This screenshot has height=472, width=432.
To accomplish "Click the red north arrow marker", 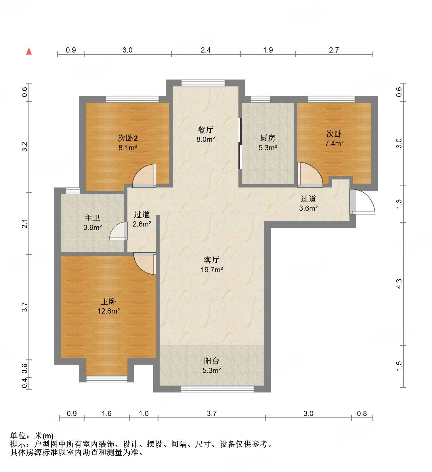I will tap(29, 51).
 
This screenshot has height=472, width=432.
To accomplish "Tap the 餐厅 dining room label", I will tap(205, 130).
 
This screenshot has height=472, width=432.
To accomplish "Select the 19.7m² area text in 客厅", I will tap(212, 270).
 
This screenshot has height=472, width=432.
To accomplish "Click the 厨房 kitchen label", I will tap(267, 138).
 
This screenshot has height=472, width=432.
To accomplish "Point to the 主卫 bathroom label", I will tap(92, 218).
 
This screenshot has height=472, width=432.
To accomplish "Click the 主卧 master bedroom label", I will tap(108, 301).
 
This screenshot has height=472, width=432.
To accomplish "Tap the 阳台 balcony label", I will tap(211, 361).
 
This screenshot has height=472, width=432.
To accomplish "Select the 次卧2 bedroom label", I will tap(128, 138).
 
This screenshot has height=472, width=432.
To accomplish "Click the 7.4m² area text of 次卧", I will tap(334, 143).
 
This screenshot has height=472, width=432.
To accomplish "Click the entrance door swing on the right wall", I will tap(363, 202).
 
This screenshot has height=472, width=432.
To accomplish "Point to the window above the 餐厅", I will tap(203, 83).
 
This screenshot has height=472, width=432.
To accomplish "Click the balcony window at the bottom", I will tap(217, 389).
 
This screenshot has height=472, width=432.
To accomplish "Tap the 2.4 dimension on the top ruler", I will tap(205, 50).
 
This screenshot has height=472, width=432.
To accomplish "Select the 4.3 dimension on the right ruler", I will tap(399, 284).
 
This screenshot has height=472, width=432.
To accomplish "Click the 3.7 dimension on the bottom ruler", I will tap(211, 413).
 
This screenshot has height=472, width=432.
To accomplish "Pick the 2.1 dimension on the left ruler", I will tap(25, 223).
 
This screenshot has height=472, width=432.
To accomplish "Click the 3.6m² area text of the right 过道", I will tap(308, 208).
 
